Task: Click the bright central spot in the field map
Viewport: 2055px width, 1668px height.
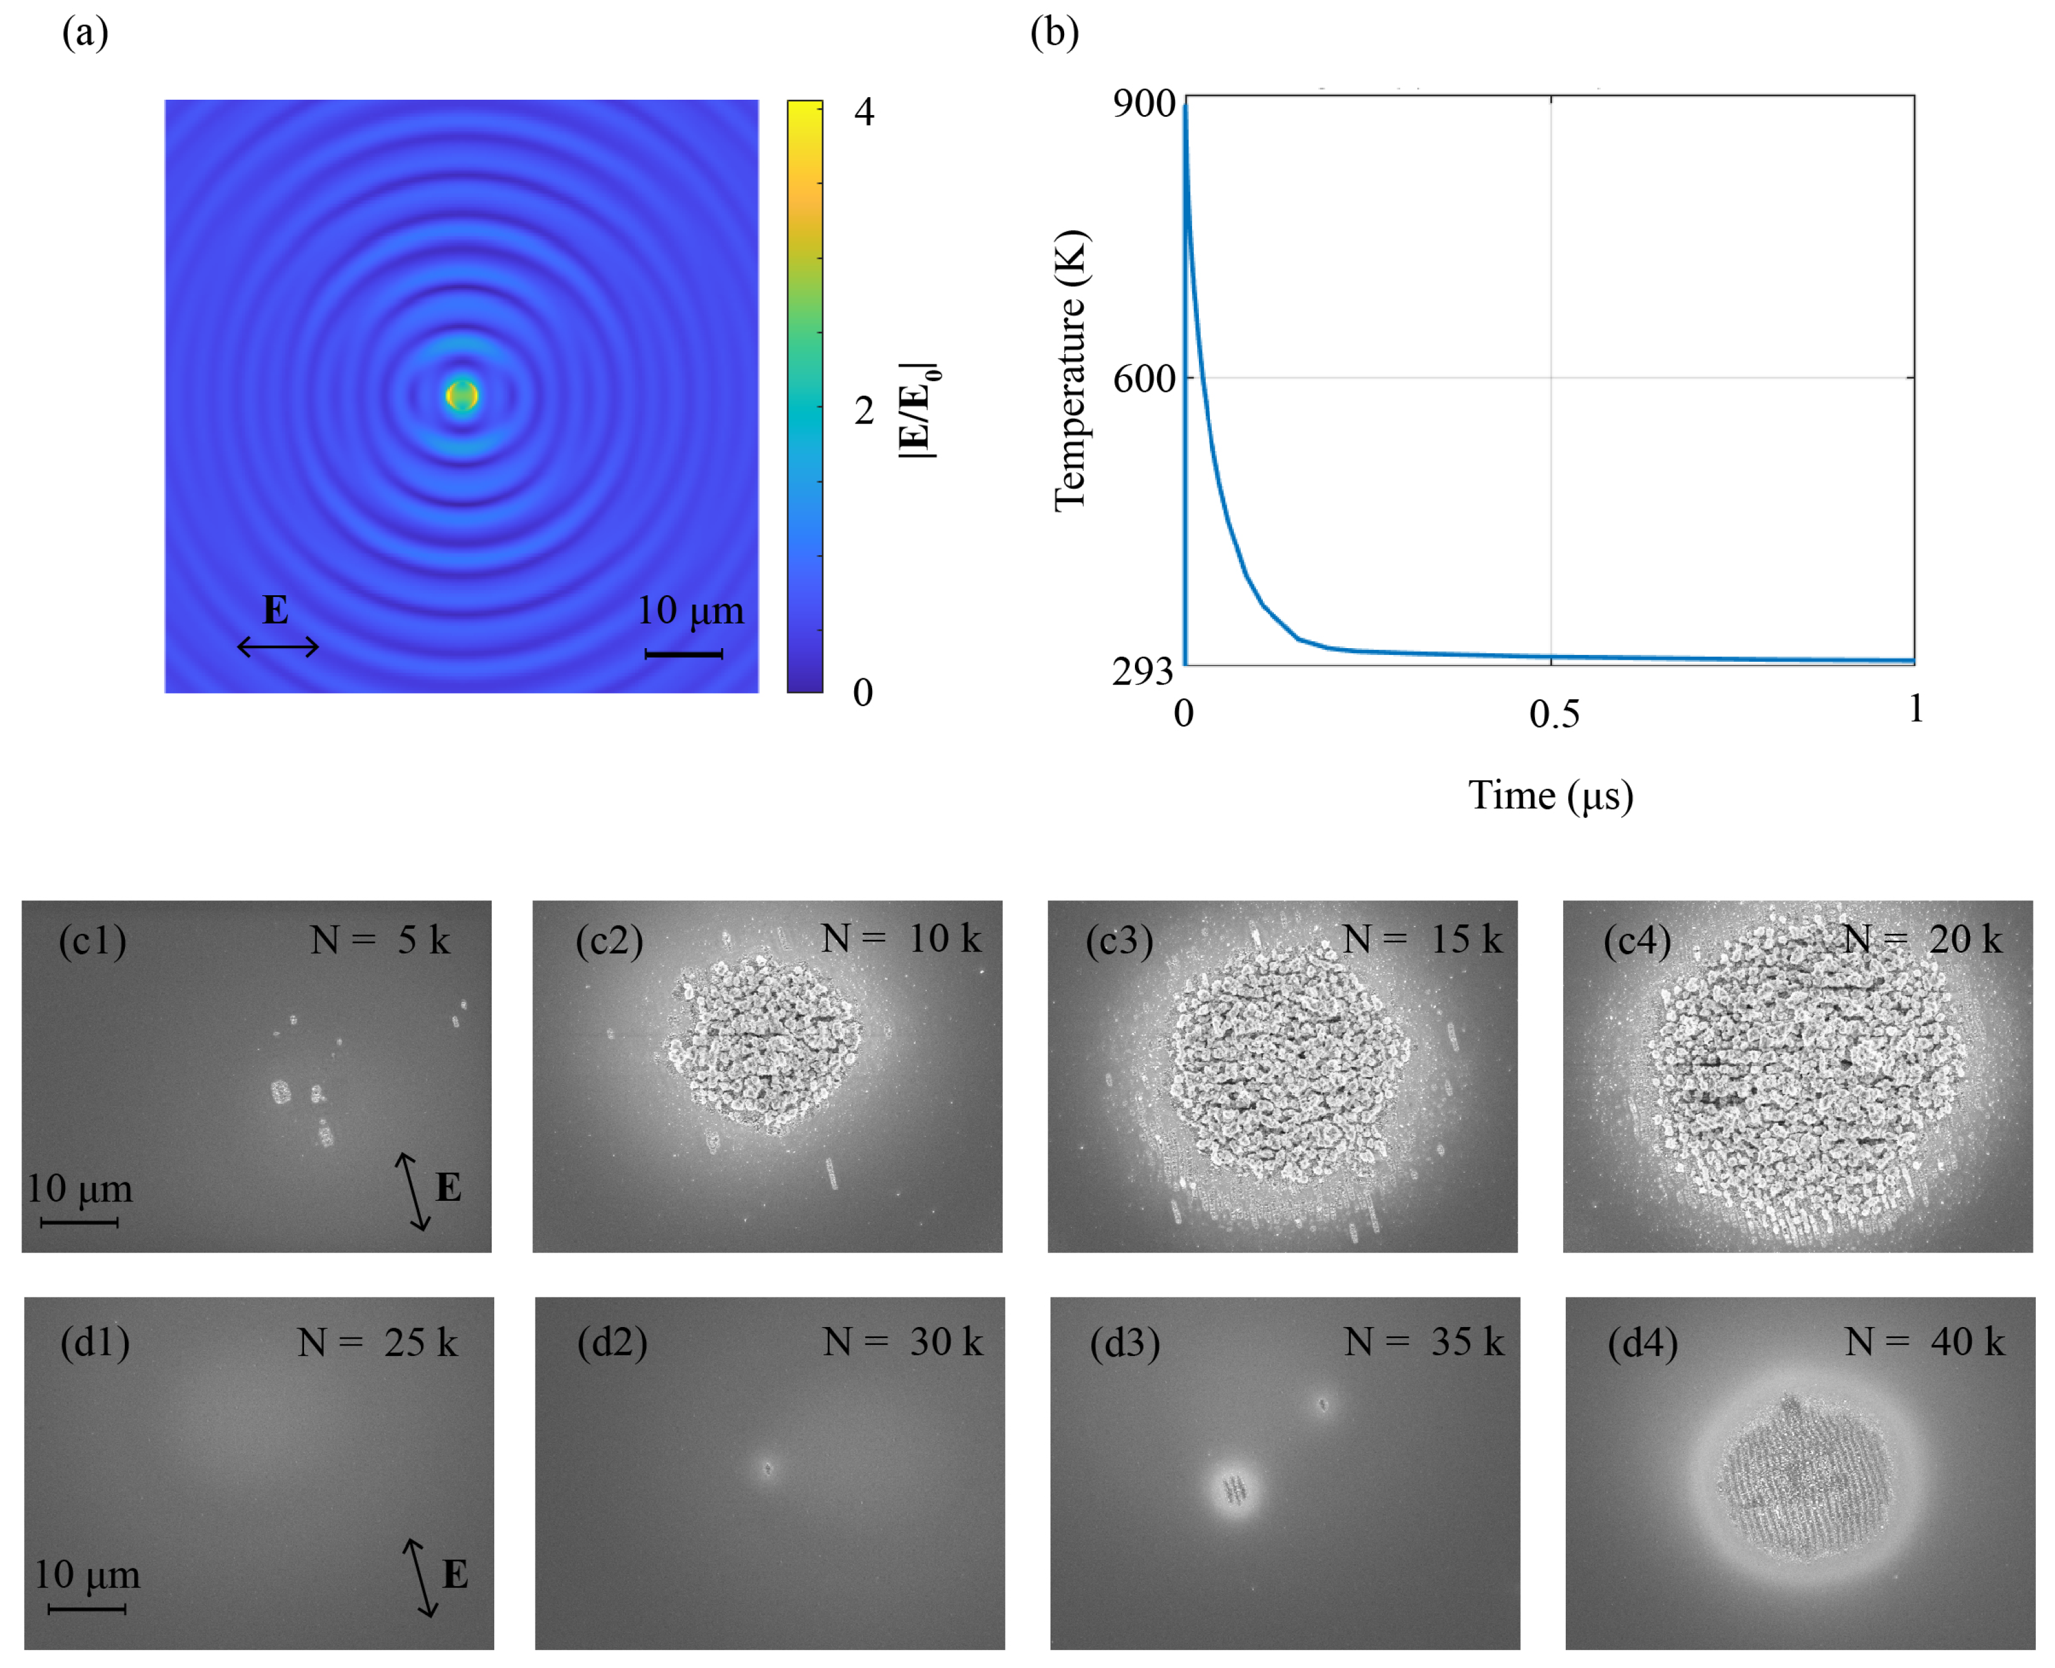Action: [x=462, y=395]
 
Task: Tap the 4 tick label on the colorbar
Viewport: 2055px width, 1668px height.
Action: [x=863, y=113]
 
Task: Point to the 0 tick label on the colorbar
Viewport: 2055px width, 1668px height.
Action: [x=863, y=692]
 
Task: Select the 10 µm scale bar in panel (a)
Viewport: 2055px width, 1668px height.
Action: [x=683, y=654]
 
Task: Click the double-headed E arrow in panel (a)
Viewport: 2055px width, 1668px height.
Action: [x=278, y=647]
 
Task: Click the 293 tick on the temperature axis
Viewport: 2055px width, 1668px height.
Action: [x=1144, y=671]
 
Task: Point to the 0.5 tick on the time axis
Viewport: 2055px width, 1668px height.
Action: [x=1553, y=714]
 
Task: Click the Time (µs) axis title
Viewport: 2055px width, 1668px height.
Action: [x=1550, y=796]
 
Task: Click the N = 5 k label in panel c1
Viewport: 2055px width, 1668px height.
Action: [x=380, y=940]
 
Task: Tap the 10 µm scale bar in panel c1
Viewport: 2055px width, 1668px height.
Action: [x=80, y=1222]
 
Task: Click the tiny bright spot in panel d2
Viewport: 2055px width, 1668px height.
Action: [x=767, y=1468]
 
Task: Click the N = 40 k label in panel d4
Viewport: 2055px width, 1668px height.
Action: [x=1925, y=1342]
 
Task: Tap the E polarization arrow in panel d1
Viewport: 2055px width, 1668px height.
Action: [x=420, y=1577]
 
